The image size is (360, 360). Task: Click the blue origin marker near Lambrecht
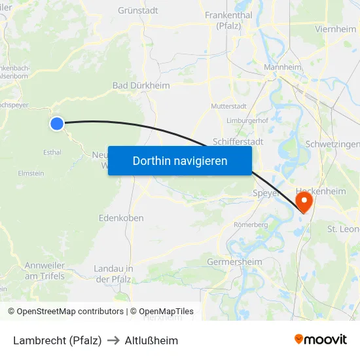coord(58,123)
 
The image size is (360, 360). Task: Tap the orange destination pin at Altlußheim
coord(304,200)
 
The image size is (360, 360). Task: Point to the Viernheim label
coord(336,29)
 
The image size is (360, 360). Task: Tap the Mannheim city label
coord(282,67)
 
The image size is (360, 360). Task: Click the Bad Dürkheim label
coord(141,85)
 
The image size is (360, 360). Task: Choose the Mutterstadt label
coord(228,105)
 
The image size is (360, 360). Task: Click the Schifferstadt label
coord(238,141)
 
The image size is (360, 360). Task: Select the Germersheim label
coord(234,262)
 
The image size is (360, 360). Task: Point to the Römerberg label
coord(251,225)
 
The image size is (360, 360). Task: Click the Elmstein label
coord(31,173)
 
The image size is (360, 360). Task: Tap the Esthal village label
coord(52,153)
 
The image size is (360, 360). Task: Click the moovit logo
coord(321,339)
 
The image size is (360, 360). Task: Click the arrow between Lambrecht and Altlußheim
coord(113,340)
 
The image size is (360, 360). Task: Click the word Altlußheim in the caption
coord(151,340)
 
